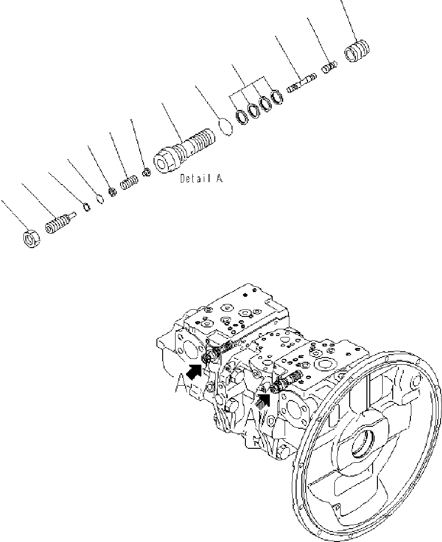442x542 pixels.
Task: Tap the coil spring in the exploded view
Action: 127,183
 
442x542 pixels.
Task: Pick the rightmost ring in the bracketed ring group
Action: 277,98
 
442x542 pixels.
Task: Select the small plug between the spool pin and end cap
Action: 329,67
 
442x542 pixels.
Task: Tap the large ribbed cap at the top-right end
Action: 358,51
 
